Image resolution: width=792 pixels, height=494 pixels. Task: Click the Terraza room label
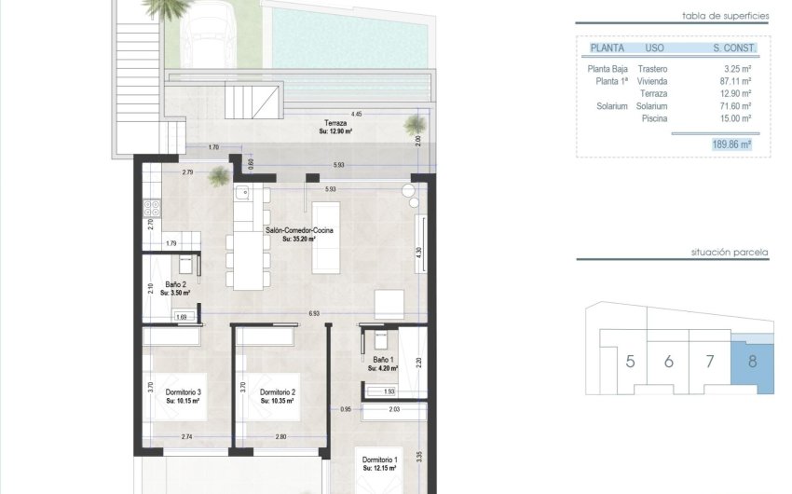pos(336,123)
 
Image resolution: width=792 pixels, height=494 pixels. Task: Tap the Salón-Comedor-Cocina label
pos(299,229)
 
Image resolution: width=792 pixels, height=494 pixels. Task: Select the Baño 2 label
pos(177,285)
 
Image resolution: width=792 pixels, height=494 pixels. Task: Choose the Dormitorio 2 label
pos(278,392)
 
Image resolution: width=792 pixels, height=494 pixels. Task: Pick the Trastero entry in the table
pos(652,69)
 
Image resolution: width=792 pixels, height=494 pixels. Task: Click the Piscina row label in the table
pos(651,117)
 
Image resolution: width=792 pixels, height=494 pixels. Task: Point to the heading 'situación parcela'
pos(730,253)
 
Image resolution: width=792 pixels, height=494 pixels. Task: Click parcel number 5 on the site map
pos(630,362)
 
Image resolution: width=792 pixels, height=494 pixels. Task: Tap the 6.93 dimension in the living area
pos(315,314)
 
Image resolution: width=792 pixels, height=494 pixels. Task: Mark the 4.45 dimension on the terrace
pos(358,114)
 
